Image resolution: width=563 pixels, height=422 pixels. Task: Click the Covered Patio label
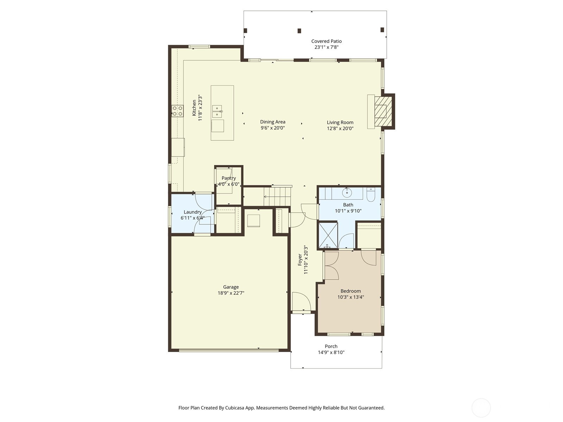[x=326, y=41]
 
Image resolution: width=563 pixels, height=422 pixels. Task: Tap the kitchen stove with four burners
[x=177, y=111]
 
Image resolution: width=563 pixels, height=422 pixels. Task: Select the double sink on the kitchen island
[x=217, y=111]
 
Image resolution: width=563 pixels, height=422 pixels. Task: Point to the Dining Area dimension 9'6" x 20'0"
[x=273, y=128]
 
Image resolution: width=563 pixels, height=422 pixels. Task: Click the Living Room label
[x=340, y=122]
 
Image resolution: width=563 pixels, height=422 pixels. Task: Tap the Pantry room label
[x=229, y=178]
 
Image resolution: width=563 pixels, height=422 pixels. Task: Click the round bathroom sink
[x=347, y=193]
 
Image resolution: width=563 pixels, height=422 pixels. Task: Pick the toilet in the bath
[x=371, y=195]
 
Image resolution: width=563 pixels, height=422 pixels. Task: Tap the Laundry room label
[x=192, y=212]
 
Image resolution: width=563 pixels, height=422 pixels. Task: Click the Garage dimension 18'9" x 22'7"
[x=231, y=293]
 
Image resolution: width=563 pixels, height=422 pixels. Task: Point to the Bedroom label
[x=350, y=291]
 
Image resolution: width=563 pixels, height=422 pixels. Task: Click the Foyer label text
[x=300, y=260]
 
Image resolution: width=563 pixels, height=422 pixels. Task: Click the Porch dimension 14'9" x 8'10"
[x=331, y=352]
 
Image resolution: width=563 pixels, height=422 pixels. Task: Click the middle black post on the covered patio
[x=299, y=31]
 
